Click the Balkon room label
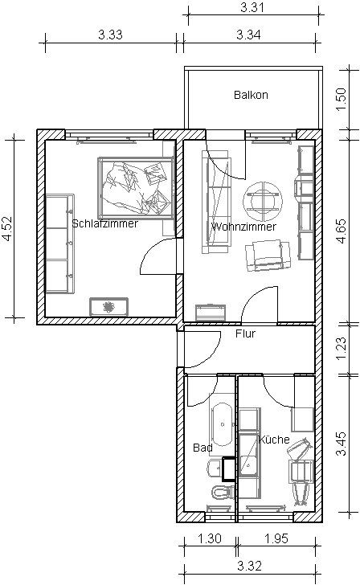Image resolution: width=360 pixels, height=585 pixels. (251, 95)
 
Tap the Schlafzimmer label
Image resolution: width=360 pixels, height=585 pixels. (104, 223)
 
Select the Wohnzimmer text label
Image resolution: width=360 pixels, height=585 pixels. (243, 227)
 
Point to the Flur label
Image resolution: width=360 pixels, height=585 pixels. (245, 333)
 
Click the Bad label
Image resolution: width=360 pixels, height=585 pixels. (202, 448)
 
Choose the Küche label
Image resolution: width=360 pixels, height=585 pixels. (274, 439)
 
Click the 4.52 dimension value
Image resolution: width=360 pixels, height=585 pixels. (7, 228)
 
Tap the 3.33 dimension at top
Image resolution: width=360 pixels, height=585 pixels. (110, 35)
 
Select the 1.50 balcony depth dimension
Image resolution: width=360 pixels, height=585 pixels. (342, 99)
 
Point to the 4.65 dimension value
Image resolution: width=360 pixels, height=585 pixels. (342, 231)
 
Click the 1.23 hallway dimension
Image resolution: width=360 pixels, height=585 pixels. (342, 349)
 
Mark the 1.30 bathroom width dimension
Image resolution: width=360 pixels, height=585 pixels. (209, 538)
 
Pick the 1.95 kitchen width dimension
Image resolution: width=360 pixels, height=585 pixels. (276, 538)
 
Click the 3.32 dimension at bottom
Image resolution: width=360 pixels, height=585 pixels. (249, 566)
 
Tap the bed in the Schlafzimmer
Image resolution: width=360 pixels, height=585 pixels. (136, 188)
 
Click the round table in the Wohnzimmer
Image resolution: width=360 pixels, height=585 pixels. (262, 202)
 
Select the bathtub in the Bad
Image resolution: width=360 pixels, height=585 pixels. (223, 424)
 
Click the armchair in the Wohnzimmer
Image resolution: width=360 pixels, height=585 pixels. (268, 256)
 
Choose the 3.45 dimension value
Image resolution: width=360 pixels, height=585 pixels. (342, 444)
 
